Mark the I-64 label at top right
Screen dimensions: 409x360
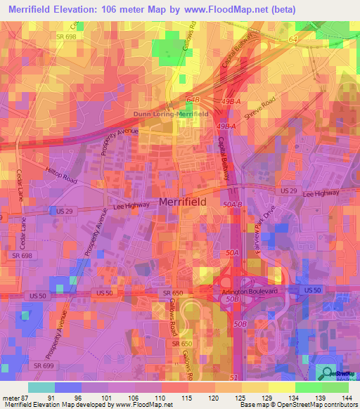(x=293, y=40)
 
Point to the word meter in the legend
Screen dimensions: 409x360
(x=11, y=397)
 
